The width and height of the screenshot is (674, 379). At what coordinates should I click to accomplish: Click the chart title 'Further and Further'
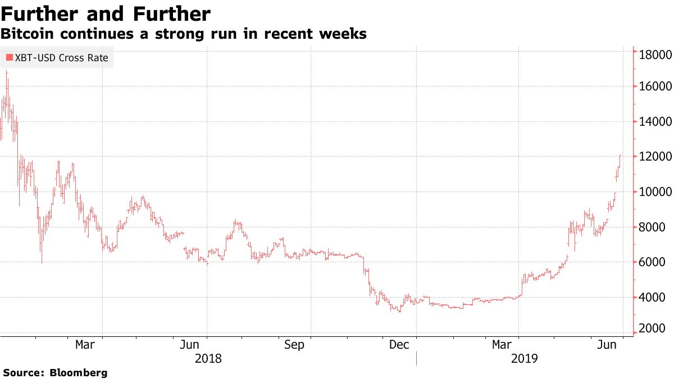click(106, 13)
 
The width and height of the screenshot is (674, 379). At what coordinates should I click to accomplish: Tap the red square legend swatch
click(9, 57)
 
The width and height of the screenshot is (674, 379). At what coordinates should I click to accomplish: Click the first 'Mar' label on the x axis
click(85, 344)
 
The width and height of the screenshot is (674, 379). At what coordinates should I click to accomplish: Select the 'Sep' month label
click(294, 344)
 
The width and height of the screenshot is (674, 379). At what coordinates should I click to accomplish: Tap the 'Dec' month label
click(399, 344)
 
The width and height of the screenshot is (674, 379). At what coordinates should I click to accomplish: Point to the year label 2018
click(208, 358)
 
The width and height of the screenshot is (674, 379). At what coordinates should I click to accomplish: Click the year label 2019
click(525, 358)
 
